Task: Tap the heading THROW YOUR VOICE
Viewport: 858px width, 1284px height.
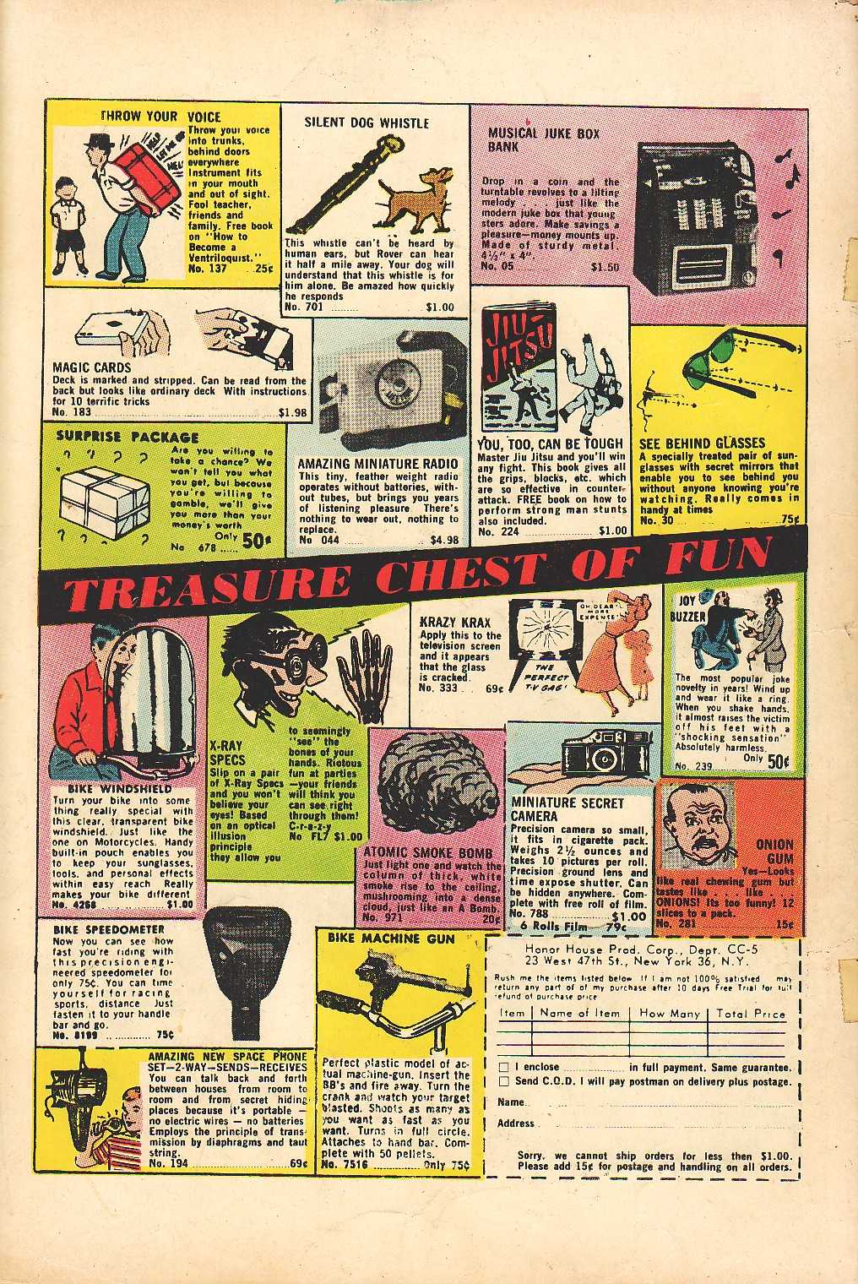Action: (160, 117)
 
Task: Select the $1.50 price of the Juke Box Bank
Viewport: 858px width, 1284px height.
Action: (605, 266)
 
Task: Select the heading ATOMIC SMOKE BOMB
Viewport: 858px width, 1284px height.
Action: (428, 853)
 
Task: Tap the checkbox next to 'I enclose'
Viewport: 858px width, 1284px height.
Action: (503, 1067)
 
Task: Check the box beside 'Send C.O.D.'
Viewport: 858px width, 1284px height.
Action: (503, 1081)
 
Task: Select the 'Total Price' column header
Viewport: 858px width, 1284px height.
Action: (750, 1014)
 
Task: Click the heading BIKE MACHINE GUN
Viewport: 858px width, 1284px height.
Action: (390, 939)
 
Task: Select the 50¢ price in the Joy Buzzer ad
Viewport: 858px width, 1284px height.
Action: (777, 760)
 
